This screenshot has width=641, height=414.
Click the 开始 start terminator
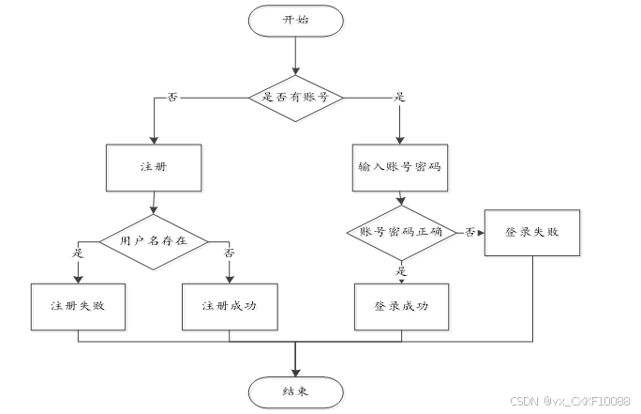coord(295,21)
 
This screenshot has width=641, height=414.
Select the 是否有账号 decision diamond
coord(295,96)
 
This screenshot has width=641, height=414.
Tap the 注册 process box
coord(153,168)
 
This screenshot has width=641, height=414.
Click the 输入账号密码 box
coord(400,167)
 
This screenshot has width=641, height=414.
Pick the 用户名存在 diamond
coord(153,239)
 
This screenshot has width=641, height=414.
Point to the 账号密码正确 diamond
coord(401,231)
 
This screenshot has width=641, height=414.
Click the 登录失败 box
coord(532,231)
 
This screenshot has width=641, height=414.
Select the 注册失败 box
coord(77,306)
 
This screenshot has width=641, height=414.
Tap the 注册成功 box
coord(230,306)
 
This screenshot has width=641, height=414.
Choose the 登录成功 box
coord(401,306)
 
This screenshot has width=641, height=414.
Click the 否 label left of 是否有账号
coord(171,97)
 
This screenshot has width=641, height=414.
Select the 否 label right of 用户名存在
coord(230,252)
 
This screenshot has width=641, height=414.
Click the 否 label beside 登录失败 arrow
coord(470,232)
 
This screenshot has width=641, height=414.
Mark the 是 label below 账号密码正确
coord(401,270)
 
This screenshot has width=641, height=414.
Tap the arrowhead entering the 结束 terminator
coord(295,372)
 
